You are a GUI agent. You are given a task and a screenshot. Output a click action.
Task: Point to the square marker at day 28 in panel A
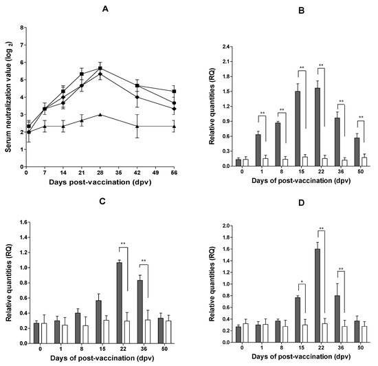[x=100, y=68]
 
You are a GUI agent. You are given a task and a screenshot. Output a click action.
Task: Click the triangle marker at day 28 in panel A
[x=100, y=115]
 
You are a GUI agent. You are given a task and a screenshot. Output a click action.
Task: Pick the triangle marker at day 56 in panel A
[x=175, y=127]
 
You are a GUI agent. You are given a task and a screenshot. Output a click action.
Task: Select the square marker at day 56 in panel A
[x=175, y=91]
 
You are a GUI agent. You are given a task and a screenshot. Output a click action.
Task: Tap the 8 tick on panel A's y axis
[x=23, y=28]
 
